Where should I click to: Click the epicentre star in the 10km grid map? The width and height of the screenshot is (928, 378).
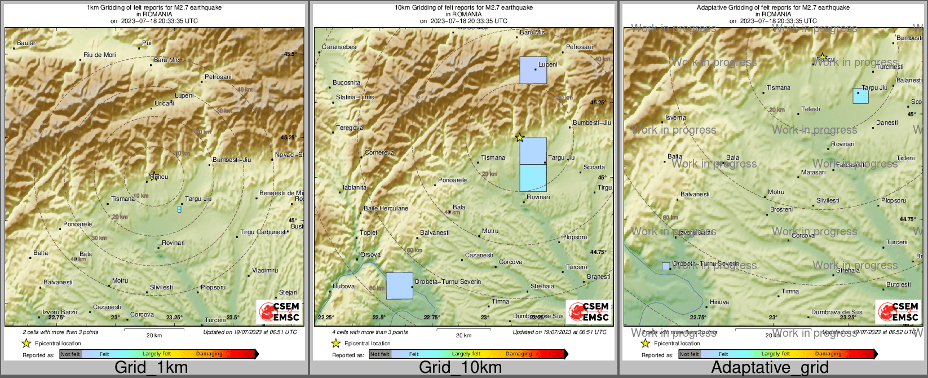pyautogui.click(x=519, y=138)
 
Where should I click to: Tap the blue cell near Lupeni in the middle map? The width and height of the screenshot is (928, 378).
pyautogui.click(x=533, y=70)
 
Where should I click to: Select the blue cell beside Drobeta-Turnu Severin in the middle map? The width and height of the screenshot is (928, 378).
pyautogui.click(x=399, y=285)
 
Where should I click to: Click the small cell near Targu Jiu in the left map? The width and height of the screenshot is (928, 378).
pyautogui.click(x=179, y=209)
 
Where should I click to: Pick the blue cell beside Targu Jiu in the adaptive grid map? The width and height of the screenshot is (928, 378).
pyautogui.click(x=860, y=96)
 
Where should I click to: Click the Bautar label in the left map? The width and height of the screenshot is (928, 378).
pyautogui.click(x=26, y=43)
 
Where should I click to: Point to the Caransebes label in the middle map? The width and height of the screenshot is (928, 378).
pyautogui.click(x=339, y=47)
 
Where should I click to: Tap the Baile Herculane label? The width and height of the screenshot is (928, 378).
pyautogui.click(x=386, y=208)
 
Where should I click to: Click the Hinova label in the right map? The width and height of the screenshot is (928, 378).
pyautogui.click(x=719, y=302)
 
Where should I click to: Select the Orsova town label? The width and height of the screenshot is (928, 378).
pyautogui.click(x=370, y=254)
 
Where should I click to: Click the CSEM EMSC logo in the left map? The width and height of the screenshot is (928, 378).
pyautogui.click(x=279, y=311)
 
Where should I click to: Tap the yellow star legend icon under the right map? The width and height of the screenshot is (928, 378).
pyautogui.click(x=646, y=343)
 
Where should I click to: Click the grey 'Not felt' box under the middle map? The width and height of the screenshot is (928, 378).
pyautogui.click(x=380, y=354)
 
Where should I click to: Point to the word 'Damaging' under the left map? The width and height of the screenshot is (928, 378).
pyautogui.click(x=209, y=354)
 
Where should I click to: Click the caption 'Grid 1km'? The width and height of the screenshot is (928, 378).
pyautogui.click(x=151, y=368)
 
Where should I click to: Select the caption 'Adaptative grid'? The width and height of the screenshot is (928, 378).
pyautogui.click(x=770, y=368)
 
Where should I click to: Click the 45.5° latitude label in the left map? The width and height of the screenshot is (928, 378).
pyautogui.click(x=290, y=54)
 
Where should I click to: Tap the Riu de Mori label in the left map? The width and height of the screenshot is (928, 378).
pyautogui.click(x=99, y=55)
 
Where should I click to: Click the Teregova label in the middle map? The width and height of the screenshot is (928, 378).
pyautogui.click(x=350, y=128)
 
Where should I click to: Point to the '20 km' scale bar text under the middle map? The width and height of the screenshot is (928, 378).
pyautogui.click(x=463, y=335)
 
